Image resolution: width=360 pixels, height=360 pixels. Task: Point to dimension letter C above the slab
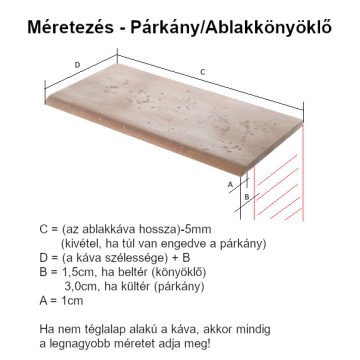[202, 71]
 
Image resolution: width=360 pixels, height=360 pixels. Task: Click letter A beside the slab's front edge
[230, 185]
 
